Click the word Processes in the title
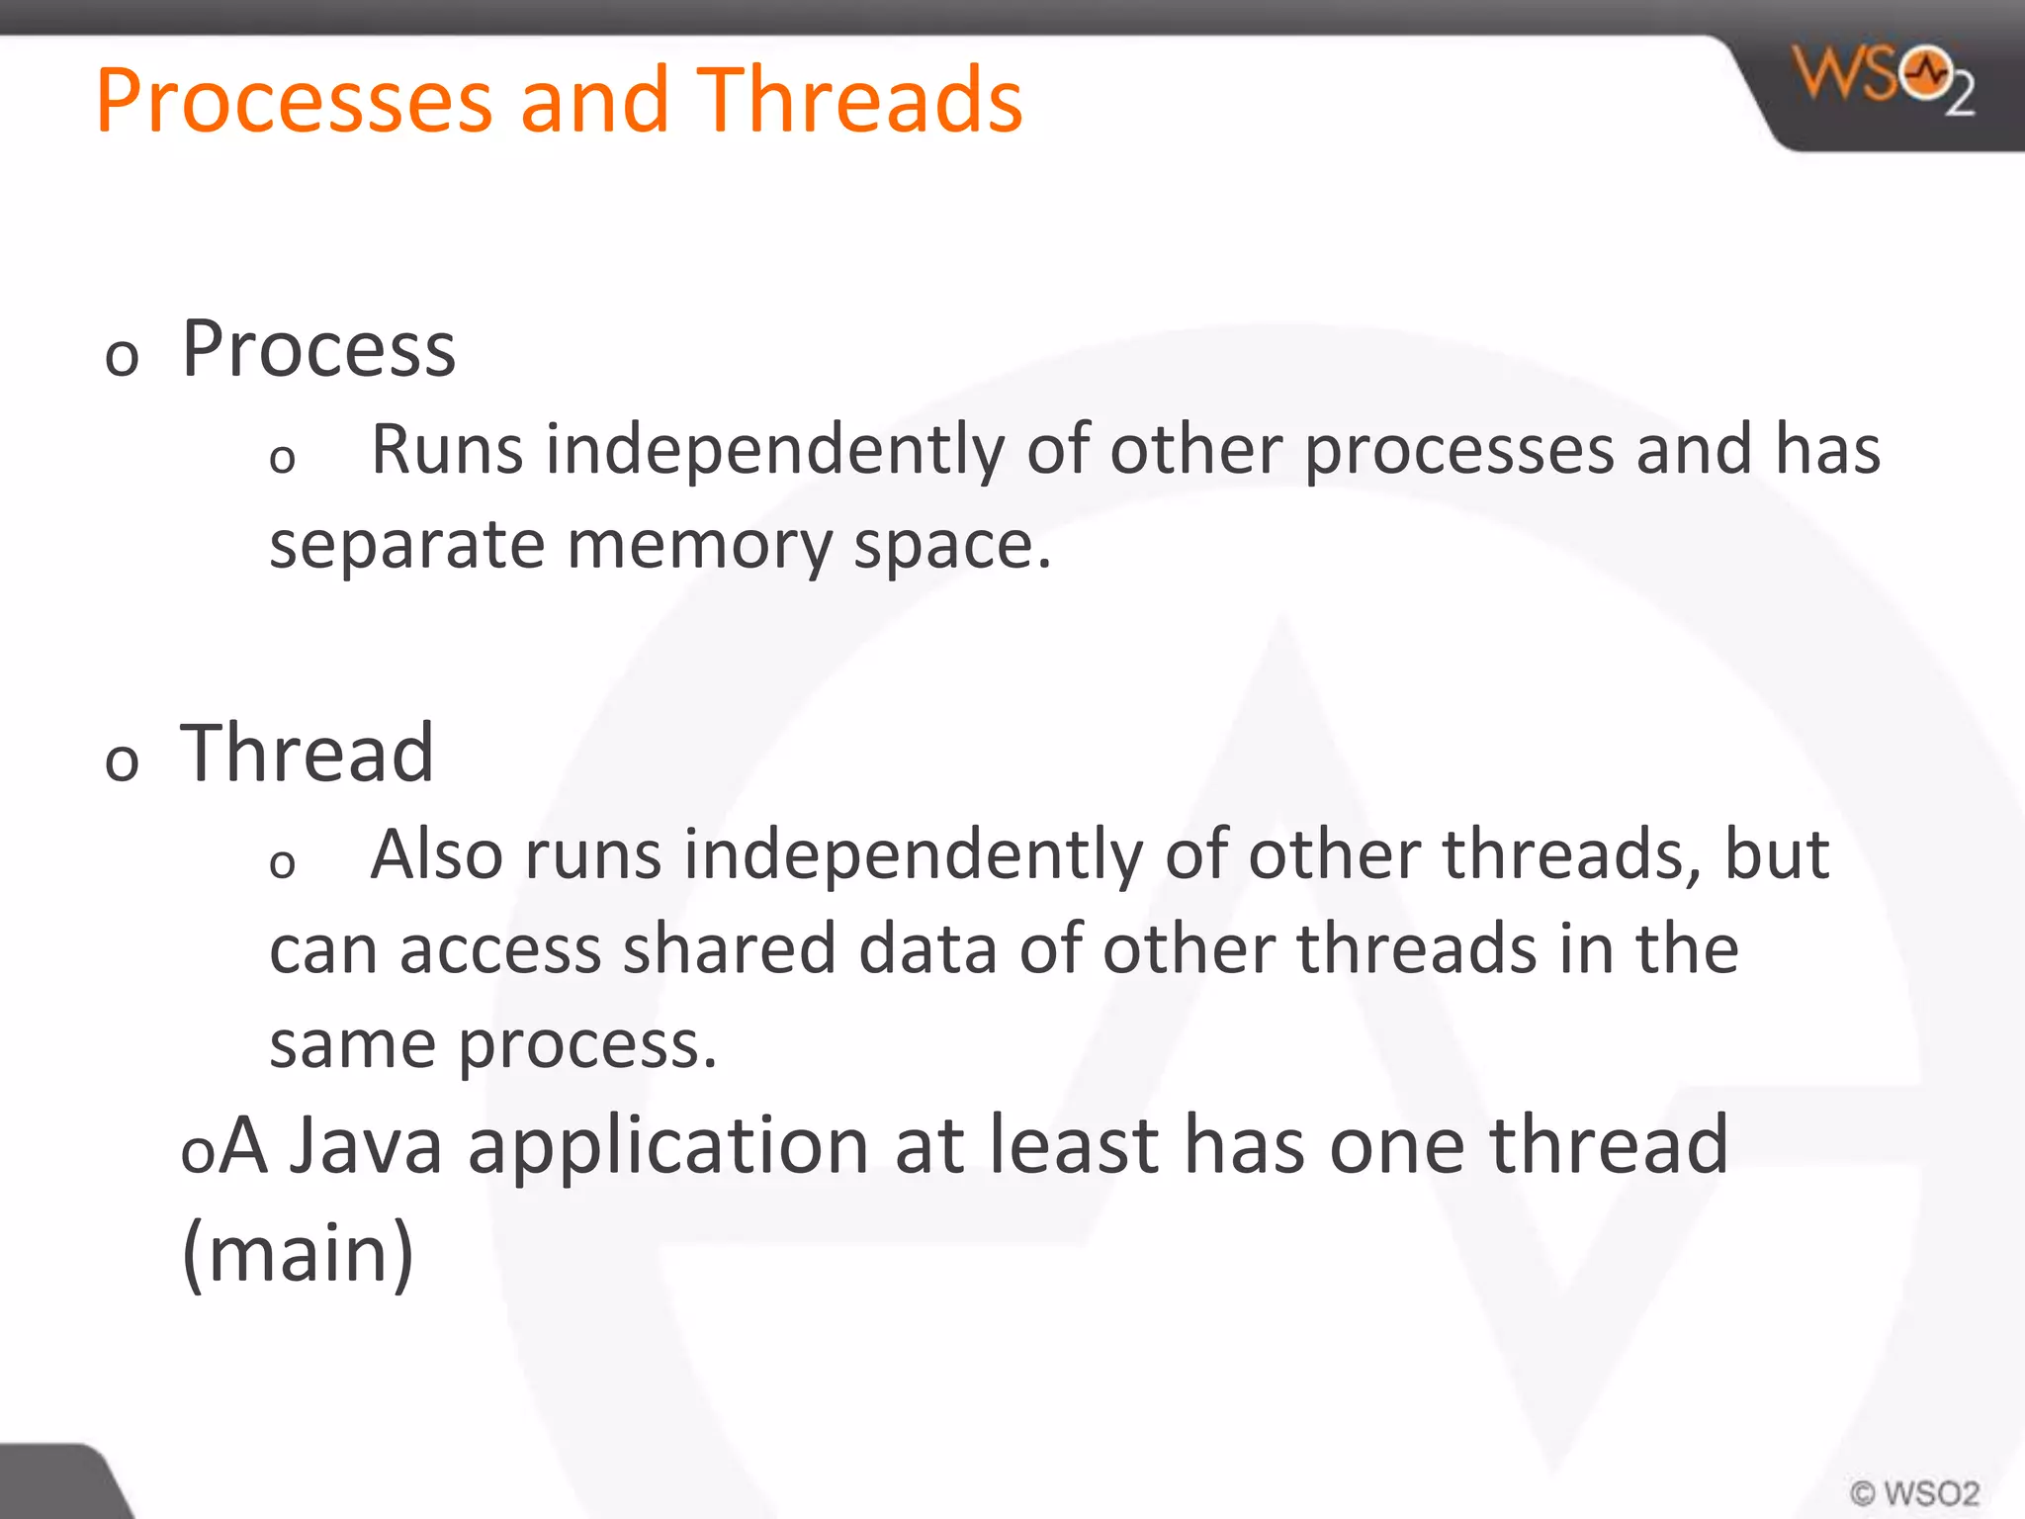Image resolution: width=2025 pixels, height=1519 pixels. coord(294,101)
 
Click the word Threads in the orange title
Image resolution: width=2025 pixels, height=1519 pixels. coord(859,101)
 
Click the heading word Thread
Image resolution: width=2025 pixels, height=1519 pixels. coord(307,754)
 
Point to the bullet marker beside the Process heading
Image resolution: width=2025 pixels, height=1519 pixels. coord(122,357)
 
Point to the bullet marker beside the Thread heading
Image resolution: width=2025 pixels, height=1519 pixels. coord(122,761)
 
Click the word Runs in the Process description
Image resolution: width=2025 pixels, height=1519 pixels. coord(446,450)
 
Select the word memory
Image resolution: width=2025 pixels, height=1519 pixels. coord(699,545)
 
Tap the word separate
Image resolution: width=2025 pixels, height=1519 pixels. coord(407,545)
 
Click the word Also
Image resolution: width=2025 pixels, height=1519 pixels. coord(436,854)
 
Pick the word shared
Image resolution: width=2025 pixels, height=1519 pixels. coord(730,948)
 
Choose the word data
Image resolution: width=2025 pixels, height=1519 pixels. coord(927,948)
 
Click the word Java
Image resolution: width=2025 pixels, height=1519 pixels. coord(366,1145)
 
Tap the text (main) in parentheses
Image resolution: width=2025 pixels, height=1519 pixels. coord(298,1254)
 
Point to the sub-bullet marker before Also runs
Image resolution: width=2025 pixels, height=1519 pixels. coord(282,863)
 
